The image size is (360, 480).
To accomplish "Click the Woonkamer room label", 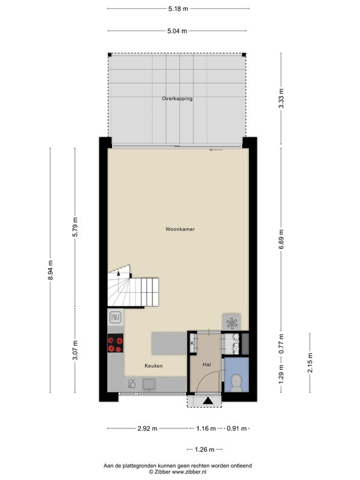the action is tap(180, 229).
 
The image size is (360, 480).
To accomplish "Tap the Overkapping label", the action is tap(177, 98).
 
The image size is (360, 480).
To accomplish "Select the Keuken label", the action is tap(154, 366).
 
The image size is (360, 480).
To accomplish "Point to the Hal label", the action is tap(206, 365).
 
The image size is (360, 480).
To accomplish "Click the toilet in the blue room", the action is tap(236, 383).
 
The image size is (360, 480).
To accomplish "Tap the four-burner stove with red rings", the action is tap(115, 343).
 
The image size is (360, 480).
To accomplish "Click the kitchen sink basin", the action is tap(149, 385).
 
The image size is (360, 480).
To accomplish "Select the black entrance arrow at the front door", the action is tap(208, 401).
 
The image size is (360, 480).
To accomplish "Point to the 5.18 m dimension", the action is tap(178, 8).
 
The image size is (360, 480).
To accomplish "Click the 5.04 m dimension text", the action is tap(177, 31).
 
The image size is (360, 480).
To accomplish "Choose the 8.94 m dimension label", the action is tap(50, 269).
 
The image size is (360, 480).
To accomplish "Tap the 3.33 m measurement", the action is tap(281, 98).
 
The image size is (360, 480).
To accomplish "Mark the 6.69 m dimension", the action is tap(281, 239).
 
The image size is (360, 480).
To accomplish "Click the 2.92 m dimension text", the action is tap(147, 428).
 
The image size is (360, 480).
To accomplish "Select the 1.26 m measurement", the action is tap(205, 449).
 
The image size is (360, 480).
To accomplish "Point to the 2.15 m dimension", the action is tap(310, 363).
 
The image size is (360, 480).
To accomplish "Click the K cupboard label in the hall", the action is tap(192, 343).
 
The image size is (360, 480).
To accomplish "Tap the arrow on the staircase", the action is tap(119, 273).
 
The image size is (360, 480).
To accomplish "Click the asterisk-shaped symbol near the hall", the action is tap(232, 323).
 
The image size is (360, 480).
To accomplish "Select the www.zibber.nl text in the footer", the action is tap(190, 472).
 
